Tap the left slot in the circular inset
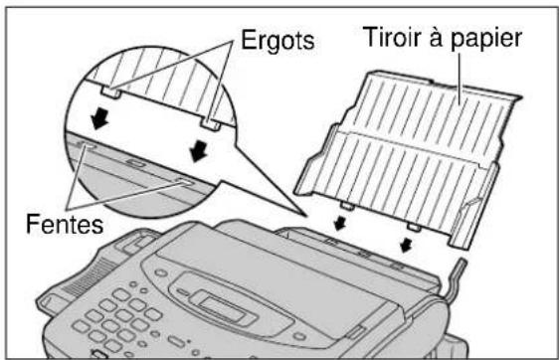[85, 144]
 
